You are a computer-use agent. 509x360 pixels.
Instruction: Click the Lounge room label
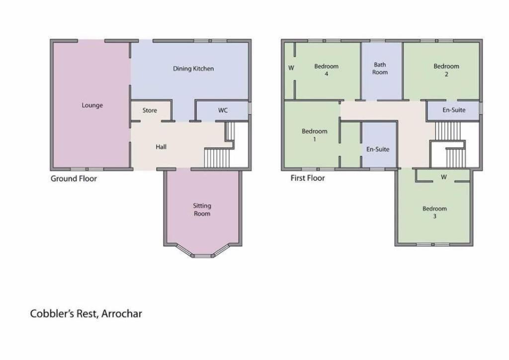92,105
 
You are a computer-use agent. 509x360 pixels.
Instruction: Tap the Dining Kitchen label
193,69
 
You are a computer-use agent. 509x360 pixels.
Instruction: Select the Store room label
150,110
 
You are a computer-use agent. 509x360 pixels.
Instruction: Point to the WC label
223,110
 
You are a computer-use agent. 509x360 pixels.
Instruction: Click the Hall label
161,147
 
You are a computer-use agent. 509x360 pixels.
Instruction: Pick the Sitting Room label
202,210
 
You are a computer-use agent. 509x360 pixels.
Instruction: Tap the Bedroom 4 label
326,70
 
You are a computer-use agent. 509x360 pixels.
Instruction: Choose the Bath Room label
380,69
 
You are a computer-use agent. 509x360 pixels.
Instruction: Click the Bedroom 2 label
446,70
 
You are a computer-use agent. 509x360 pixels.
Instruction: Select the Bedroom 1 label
314,135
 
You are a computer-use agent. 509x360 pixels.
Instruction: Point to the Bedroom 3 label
434,212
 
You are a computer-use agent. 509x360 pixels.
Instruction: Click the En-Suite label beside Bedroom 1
378,149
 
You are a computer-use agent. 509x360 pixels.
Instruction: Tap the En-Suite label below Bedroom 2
454,110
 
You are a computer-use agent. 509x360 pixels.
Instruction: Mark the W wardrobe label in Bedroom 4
291,68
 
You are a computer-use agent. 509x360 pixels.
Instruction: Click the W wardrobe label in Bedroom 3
444,177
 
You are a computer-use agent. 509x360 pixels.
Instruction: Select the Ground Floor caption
74,179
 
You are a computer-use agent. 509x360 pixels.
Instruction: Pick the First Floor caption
307,178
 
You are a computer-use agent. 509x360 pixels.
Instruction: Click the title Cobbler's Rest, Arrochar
86,314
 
